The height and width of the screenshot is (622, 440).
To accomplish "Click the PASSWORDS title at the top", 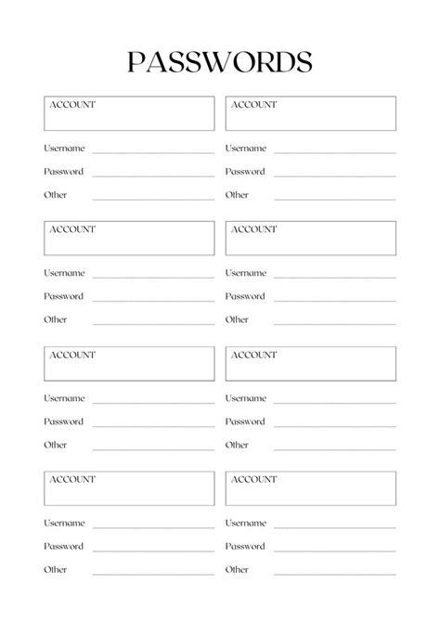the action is pos(219,61).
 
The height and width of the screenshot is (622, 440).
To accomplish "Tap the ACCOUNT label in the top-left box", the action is pos(71,105).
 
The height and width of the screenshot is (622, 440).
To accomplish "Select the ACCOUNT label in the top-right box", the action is pos(253,105).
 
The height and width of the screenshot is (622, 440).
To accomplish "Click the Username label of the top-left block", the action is pos(64,149).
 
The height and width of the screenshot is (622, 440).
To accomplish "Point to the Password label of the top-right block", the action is pos(245,172).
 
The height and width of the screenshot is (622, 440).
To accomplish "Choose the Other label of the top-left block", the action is pos(56,195).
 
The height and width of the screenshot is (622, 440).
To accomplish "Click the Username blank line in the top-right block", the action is pos(334,151).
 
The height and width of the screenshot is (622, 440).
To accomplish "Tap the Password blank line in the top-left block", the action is pos(153,175).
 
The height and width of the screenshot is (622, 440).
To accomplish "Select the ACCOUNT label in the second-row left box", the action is pos(71,229).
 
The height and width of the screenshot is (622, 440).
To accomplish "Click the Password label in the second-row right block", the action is pos(245,296).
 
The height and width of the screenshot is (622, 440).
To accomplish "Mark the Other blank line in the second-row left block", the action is pos(153,322).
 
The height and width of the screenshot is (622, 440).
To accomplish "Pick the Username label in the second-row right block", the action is pos(246,273).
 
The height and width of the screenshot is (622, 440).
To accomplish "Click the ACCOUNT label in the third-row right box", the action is pos(253,355).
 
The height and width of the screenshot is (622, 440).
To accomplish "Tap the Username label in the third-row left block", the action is pos(64,398).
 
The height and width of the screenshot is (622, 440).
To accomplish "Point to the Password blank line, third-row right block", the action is pos(334,424).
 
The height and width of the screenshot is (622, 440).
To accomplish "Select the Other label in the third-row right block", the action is pos(237,445).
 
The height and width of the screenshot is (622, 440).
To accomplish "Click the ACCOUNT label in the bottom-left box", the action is pos(71,479).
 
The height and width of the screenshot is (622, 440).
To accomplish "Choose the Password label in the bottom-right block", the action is pos(245,546).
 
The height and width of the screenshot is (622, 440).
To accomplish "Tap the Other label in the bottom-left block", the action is pos(56,569).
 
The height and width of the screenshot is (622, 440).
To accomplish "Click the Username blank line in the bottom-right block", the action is pos(334,526).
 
